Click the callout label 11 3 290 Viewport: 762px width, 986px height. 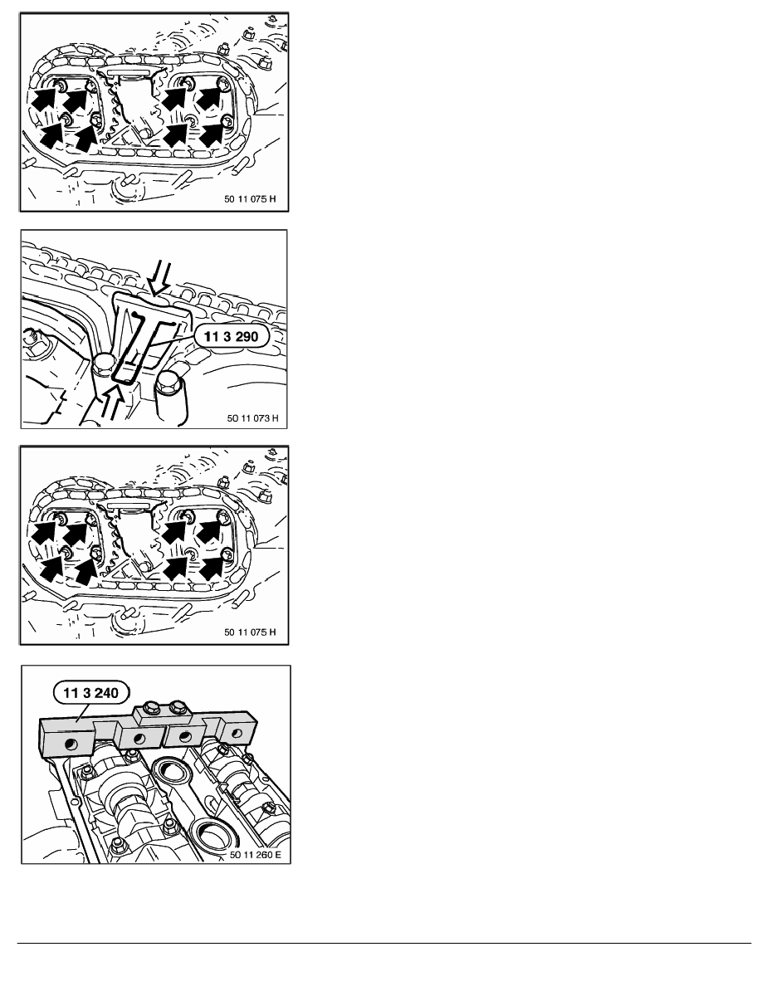pos(232,336)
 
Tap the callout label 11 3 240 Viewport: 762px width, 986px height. pos(91,693)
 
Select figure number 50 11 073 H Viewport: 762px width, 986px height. pos(252,418)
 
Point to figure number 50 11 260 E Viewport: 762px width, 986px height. pos(256,855)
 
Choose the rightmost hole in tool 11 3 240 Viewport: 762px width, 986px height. pos(237,733)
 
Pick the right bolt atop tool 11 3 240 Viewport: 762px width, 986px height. pos(179,705)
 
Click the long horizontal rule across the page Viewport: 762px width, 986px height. pos(383,943)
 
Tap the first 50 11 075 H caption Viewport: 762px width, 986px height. pos(250,198)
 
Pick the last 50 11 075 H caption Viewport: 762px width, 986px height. pos(250,632)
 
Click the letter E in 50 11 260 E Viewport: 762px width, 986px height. pos(278,855)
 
